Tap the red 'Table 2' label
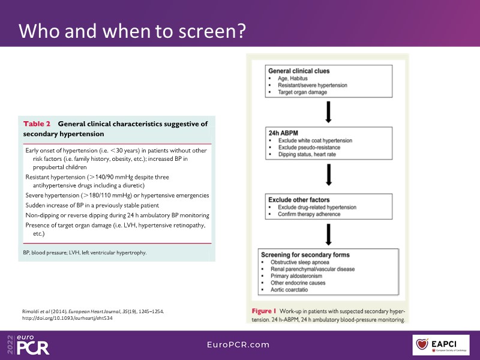[37, 124]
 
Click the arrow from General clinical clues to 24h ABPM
[328, 112]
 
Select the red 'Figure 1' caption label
[264, 312]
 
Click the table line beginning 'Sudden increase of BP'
[88, 205]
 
